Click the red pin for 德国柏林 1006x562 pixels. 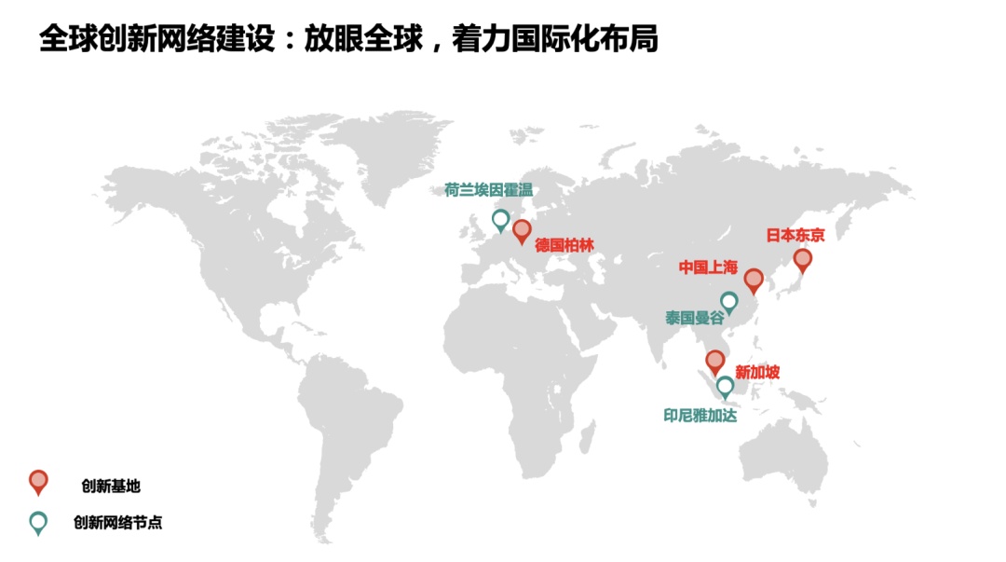pos(521,230)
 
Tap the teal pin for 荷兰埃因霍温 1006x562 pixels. pos(500,220)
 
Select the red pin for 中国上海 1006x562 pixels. pos(754,279)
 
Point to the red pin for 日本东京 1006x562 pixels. pos(802,259)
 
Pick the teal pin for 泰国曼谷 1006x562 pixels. pos(729,302)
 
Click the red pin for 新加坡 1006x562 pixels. pos(714,361)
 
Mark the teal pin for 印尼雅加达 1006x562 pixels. pos(725,386)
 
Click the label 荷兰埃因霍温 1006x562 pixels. pos(487,191)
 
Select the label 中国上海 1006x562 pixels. pos(708,267)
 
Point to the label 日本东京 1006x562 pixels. pos(795,235)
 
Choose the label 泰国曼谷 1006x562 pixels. pos(694,318)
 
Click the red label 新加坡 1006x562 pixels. pos(757,373)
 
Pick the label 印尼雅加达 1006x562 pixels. pos(700,416)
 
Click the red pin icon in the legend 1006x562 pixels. pos(38,481)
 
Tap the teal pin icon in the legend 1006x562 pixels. pos(38,523)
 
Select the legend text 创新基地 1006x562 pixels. pos(111,486)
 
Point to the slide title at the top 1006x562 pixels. pos(348,39)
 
